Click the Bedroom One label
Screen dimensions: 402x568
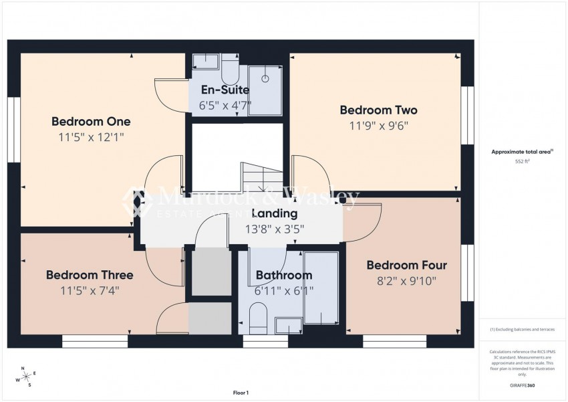pyautogui.click(x=91, y=122)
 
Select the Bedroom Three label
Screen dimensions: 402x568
pyautogui.click(x=90, y=275)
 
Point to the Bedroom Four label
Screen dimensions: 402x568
pyautogui.click(x=406, y=265)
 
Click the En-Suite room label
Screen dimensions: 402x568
pyautogui.click(x=220, y=90)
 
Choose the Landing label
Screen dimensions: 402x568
pyautogui.click(x=275, y=214)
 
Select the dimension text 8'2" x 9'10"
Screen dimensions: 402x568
pyautogui.click(x=406, y=281)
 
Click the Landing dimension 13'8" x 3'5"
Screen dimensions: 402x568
pyautogui.click(x=275, y=229)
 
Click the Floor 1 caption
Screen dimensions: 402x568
pyautogui.click(x=241, y=393)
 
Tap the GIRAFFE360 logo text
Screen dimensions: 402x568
pyautogui.click(x=522, y=385)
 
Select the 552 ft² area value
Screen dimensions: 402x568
pyautogui.click(x=522, y=162)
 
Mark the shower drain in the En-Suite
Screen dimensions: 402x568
pyautogui.click(x=265, y=78)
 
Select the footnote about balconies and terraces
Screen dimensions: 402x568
pyautogui.click(x=522, y=329)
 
